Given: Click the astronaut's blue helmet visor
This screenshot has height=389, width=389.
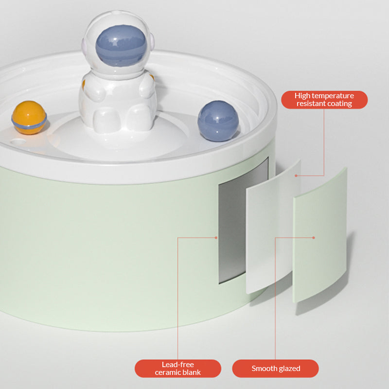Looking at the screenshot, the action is click(121, 46).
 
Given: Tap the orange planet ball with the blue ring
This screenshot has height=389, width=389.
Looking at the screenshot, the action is click(29, 118).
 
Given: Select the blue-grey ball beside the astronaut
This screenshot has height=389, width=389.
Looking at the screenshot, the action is click(218, 121).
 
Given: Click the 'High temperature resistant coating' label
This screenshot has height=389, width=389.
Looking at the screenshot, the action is click(324, 100).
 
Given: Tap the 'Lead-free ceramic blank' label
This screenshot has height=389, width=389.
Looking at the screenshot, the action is click(177, 369).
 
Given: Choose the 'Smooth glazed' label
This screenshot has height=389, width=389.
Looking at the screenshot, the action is click(275, 369).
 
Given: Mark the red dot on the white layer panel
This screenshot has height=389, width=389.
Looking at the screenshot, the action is click(296, 176).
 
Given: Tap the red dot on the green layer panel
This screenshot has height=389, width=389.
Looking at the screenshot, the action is click(314, 238).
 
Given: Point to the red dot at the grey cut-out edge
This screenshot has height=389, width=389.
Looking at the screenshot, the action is click(216, 238).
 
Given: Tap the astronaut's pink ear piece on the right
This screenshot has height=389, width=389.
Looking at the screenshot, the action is click(151, 41).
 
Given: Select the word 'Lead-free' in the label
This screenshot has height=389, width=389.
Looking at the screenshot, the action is click(177, 364).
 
